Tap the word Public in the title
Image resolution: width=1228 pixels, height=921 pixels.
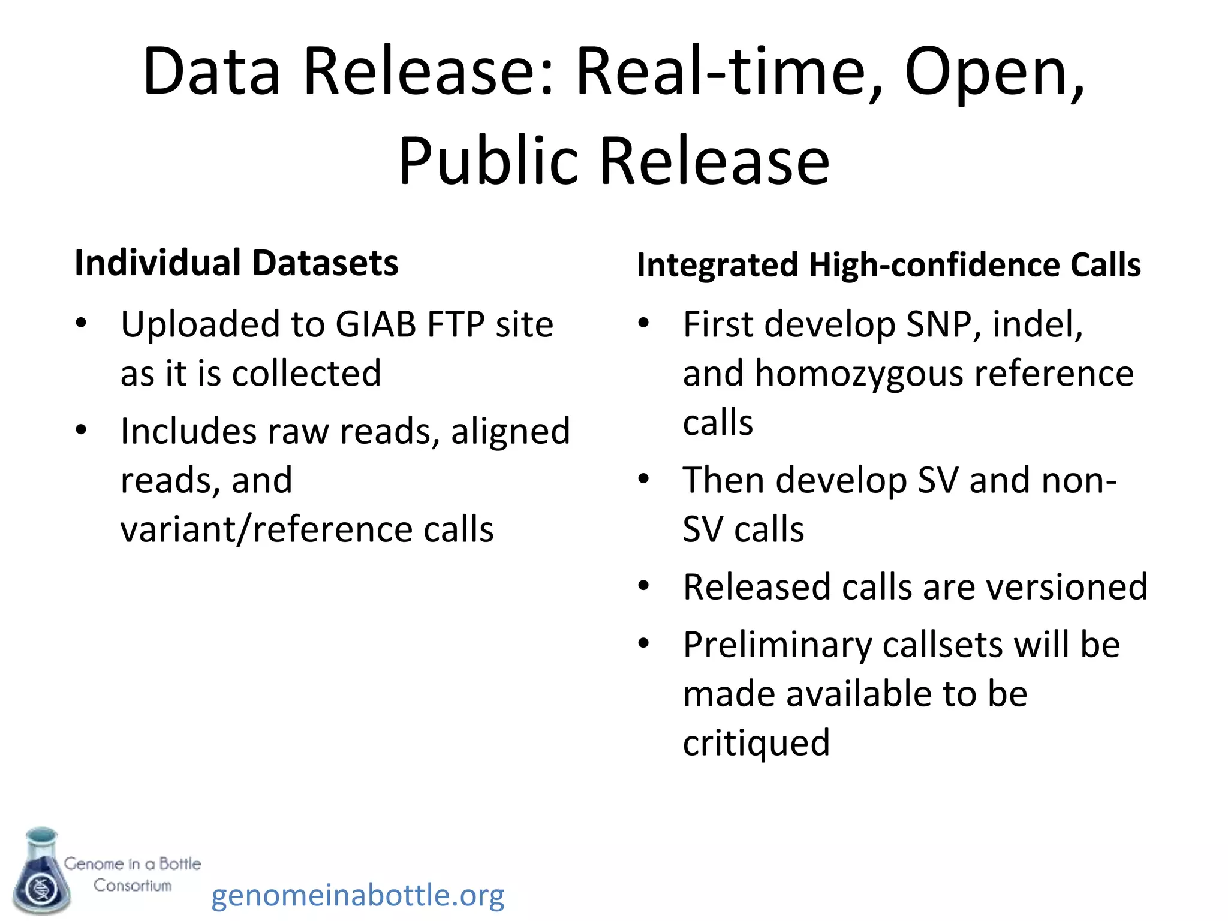click(x=489, y=161)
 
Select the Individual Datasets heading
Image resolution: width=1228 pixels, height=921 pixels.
click(x=236, y=263)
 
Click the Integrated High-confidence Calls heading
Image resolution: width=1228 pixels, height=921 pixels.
click(x=888, y=265)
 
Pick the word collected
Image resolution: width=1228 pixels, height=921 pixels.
click(x=306, y=373)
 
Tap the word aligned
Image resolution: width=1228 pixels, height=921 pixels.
click(x=510, y=431)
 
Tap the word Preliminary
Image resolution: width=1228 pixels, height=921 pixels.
click(x=777, y=645)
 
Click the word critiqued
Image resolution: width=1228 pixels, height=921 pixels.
click(x=756, y=742)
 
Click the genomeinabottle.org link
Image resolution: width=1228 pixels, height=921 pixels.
click(x=358, y=895)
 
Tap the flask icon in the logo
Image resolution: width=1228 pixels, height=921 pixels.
click(x=41, y=872)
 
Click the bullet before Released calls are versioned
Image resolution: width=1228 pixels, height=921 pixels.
click(x=643, y=586)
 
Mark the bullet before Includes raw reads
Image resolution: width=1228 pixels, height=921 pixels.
click(x=81, y=430)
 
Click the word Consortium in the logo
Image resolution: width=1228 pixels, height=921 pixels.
click(x=133, y=885)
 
